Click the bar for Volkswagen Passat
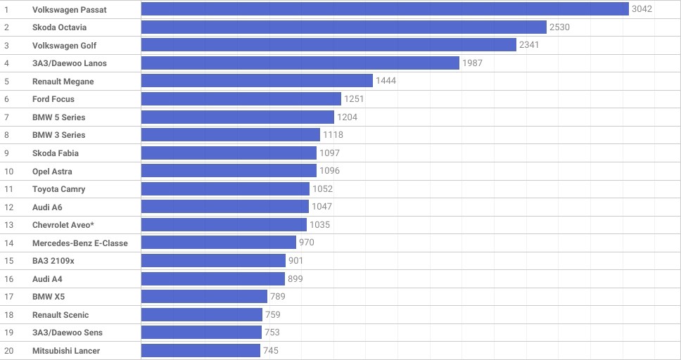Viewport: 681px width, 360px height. tap(385, 9)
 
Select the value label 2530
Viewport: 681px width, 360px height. tap(559, 27)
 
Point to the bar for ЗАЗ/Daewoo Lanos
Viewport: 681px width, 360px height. tap(300, 63)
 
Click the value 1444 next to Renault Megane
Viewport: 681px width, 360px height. tap(386, 82)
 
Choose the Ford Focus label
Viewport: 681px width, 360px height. tap(53, 99)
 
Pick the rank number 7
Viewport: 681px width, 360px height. tap(6, 117)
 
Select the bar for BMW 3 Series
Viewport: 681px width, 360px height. tap(231, 135)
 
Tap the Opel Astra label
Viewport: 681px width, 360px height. tap(52, 172)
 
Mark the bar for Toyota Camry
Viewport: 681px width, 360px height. tap(225, 189)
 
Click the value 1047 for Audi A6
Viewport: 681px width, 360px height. tap(322, 207)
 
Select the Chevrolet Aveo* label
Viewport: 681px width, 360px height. tap(63, 225)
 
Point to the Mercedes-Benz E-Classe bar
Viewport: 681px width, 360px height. tap(219, 243)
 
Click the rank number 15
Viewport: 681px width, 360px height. tap(9, 261)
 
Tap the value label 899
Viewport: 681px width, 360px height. tap(295, 279)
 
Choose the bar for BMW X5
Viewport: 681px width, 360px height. tap(204, 297)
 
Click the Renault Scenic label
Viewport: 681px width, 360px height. tap(61, 315)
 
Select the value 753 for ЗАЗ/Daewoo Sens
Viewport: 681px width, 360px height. tap(272, 333)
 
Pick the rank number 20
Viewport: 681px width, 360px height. tap(9, 351)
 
